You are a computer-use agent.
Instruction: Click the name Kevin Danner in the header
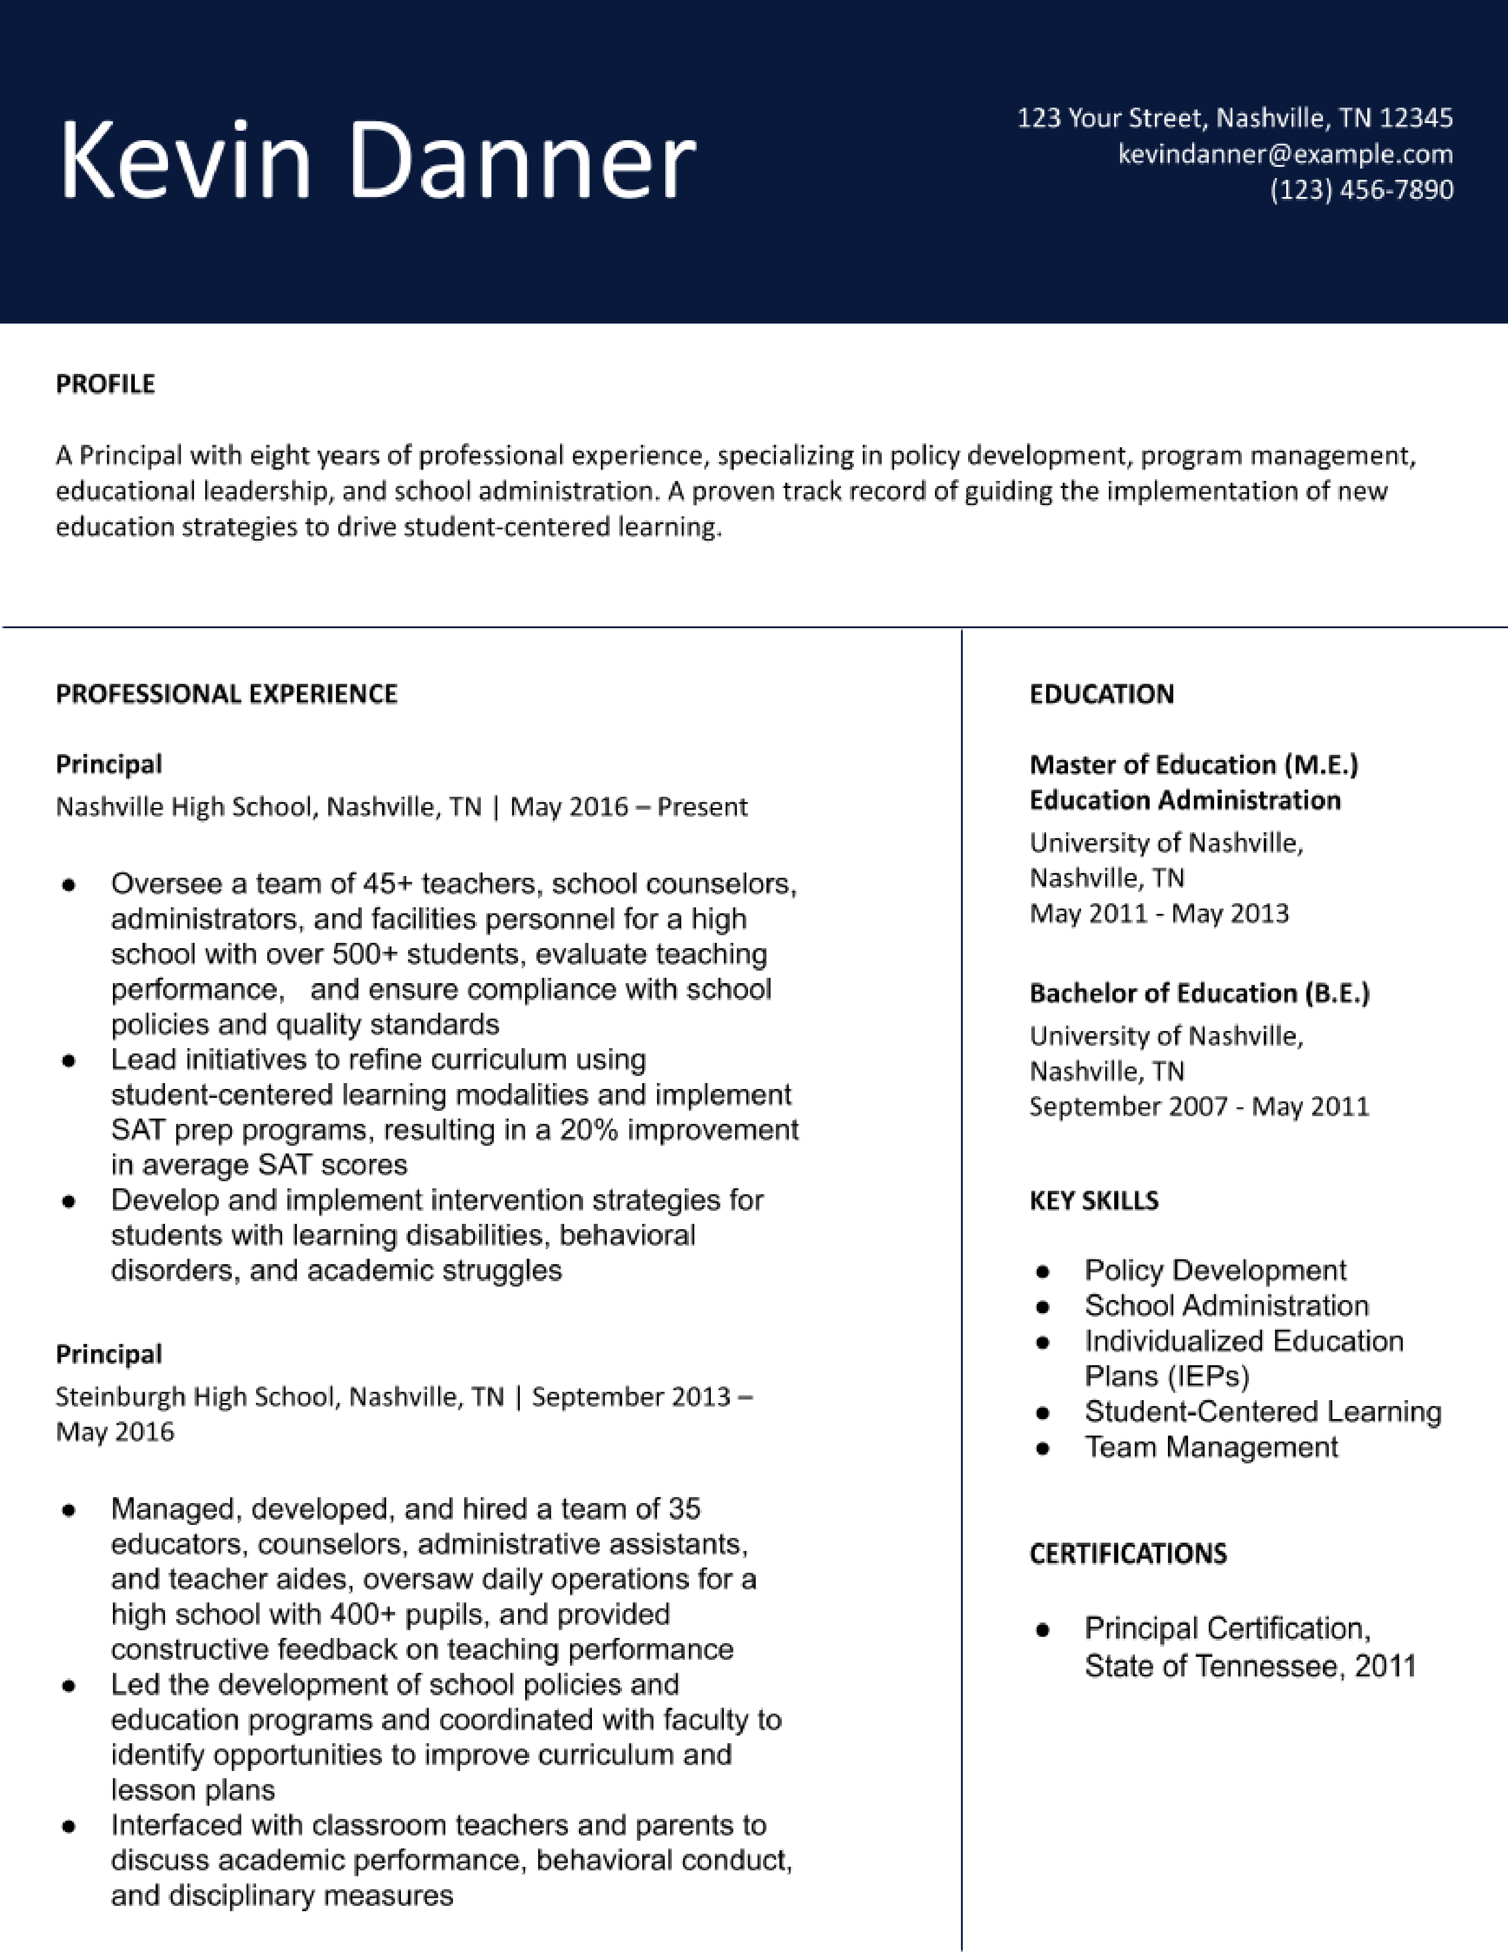[377, 161]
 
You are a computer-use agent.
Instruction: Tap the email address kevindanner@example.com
[1284, 154]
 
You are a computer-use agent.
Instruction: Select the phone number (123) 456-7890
[1361, 189]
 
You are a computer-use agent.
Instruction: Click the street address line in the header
[1235, 118]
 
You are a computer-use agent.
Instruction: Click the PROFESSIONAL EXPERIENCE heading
[226, 694]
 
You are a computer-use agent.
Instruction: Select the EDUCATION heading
[1102, 694]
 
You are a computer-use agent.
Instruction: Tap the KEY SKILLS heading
[1093, 1200]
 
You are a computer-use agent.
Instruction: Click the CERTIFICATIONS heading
[1127, 1553]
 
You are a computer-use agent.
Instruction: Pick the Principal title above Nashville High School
[109, 764]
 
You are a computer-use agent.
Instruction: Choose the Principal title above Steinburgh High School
[109, 1354]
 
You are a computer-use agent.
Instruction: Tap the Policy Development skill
[1215, 1270]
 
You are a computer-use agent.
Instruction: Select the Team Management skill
[1211, 1447]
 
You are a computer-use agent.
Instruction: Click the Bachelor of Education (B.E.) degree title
[1199, 993]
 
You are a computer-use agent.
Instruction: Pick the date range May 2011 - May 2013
[1158, 913]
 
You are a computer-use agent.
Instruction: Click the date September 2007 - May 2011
[1199, 1107]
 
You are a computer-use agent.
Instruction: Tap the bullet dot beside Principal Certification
[1041, 1630]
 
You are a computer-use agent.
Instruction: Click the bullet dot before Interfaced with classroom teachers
[69, 1826]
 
